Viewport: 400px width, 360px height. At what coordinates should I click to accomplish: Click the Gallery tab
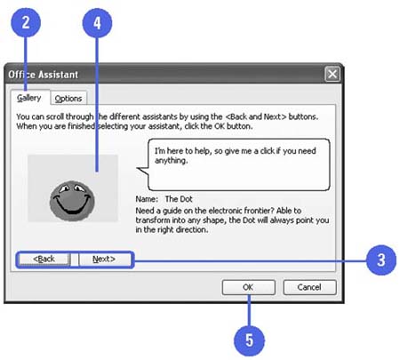point(29,98)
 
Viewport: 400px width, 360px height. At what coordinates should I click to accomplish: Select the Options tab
point(68,99)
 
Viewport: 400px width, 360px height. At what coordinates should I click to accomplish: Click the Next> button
point(104,260)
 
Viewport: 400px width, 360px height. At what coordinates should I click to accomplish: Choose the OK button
point(248,287)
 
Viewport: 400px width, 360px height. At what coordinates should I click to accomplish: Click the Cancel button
point(309,287)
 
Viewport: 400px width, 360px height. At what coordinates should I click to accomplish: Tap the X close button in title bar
point(332,74)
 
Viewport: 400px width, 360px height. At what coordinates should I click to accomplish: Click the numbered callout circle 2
point(26,23)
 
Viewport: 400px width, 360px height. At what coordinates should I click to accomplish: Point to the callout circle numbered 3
point(381,260)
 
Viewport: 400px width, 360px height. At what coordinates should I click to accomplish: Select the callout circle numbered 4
point(97,23)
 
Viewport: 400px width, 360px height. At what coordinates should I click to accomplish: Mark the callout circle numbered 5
point(249,340)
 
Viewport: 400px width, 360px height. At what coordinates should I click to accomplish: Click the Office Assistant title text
point(44,75)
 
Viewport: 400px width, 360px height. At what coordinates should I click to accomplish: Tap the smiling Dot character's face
point(72,201)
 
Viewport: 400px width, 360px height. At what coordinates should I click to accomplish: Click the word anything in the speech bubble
point(172,161)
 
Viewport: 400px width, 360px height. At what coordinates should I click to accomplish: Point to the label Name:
point(147,199)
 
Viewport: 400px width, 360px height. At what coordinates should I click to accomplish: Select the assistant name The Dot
point(179,199)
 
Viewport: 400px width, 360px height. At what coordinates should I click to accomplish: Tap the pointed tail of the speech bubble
point(137,169)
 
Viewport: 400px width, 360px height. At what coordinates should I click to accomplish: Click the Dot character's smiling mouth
point(72,206)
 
